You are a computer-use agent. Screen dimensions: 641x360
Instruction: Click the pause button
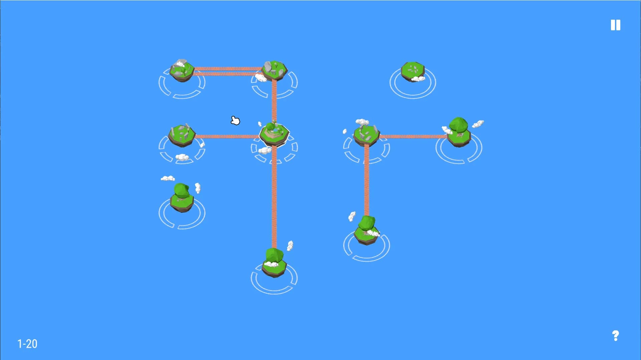(x=615, y=25)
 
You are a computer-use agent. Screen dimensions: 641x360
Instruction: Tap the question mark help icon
(x=615, y=335)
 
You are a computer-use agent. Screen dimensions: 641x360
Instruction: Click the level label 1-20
(x=27, y=344)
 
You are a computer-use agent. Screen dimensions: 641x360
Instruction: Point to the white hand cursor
(x=235, y=120)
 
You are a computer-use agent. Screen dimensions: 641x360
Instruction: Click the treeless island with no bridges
(x=413, y=71)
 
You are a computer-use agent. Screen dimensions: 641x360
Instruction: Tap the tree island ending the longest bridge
(x=274, y=263)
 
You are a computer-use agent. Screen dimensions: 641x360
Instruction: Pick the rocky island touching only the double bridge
(x=182, y=70)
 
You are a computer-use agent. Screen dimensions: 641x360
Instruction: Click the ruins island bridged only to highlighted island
(x=182, y=135)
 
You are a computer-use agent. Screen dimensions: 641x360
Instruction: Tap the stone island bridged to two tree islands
(x=366, y=134)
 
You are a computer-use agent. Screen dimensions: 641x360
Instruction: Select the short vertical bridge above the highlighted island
(x=274, y=101)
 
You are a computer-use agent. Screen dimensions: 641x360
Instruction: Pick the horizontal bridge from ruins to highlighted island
(x=227, y=136)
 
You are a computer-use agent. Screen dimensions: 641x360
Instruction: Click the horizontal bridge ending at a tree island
(x=413, y=136)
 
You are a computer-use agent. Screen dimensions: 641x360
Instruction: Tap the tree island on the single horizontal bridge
(x=459, y=132)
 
